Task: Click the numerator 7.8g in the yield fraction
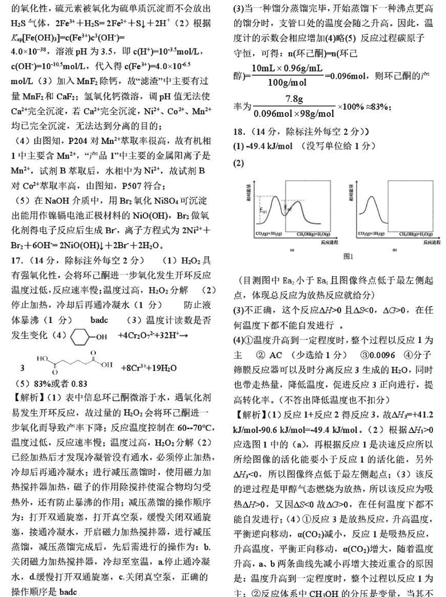click(294, 99)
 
